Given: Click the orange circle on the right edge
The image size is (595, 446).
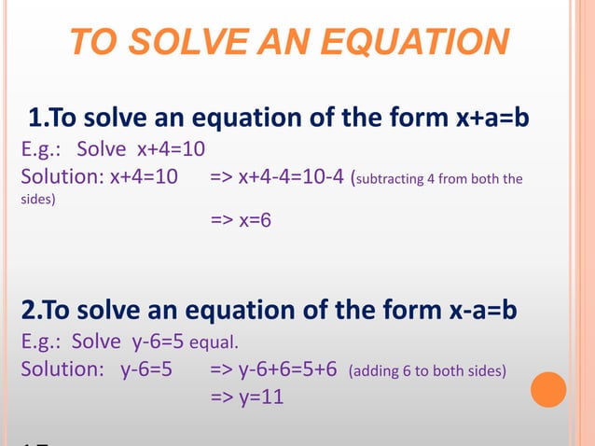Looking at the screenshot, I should [548, 389].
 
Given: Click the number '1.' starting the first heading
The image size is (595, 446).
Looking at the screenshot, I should [39, 118].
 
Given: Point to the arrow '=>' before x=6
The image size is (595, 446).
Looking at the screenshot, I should [222, 220].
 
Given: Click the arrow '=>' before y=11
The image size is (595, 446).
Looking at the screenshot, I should [222, 397].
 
